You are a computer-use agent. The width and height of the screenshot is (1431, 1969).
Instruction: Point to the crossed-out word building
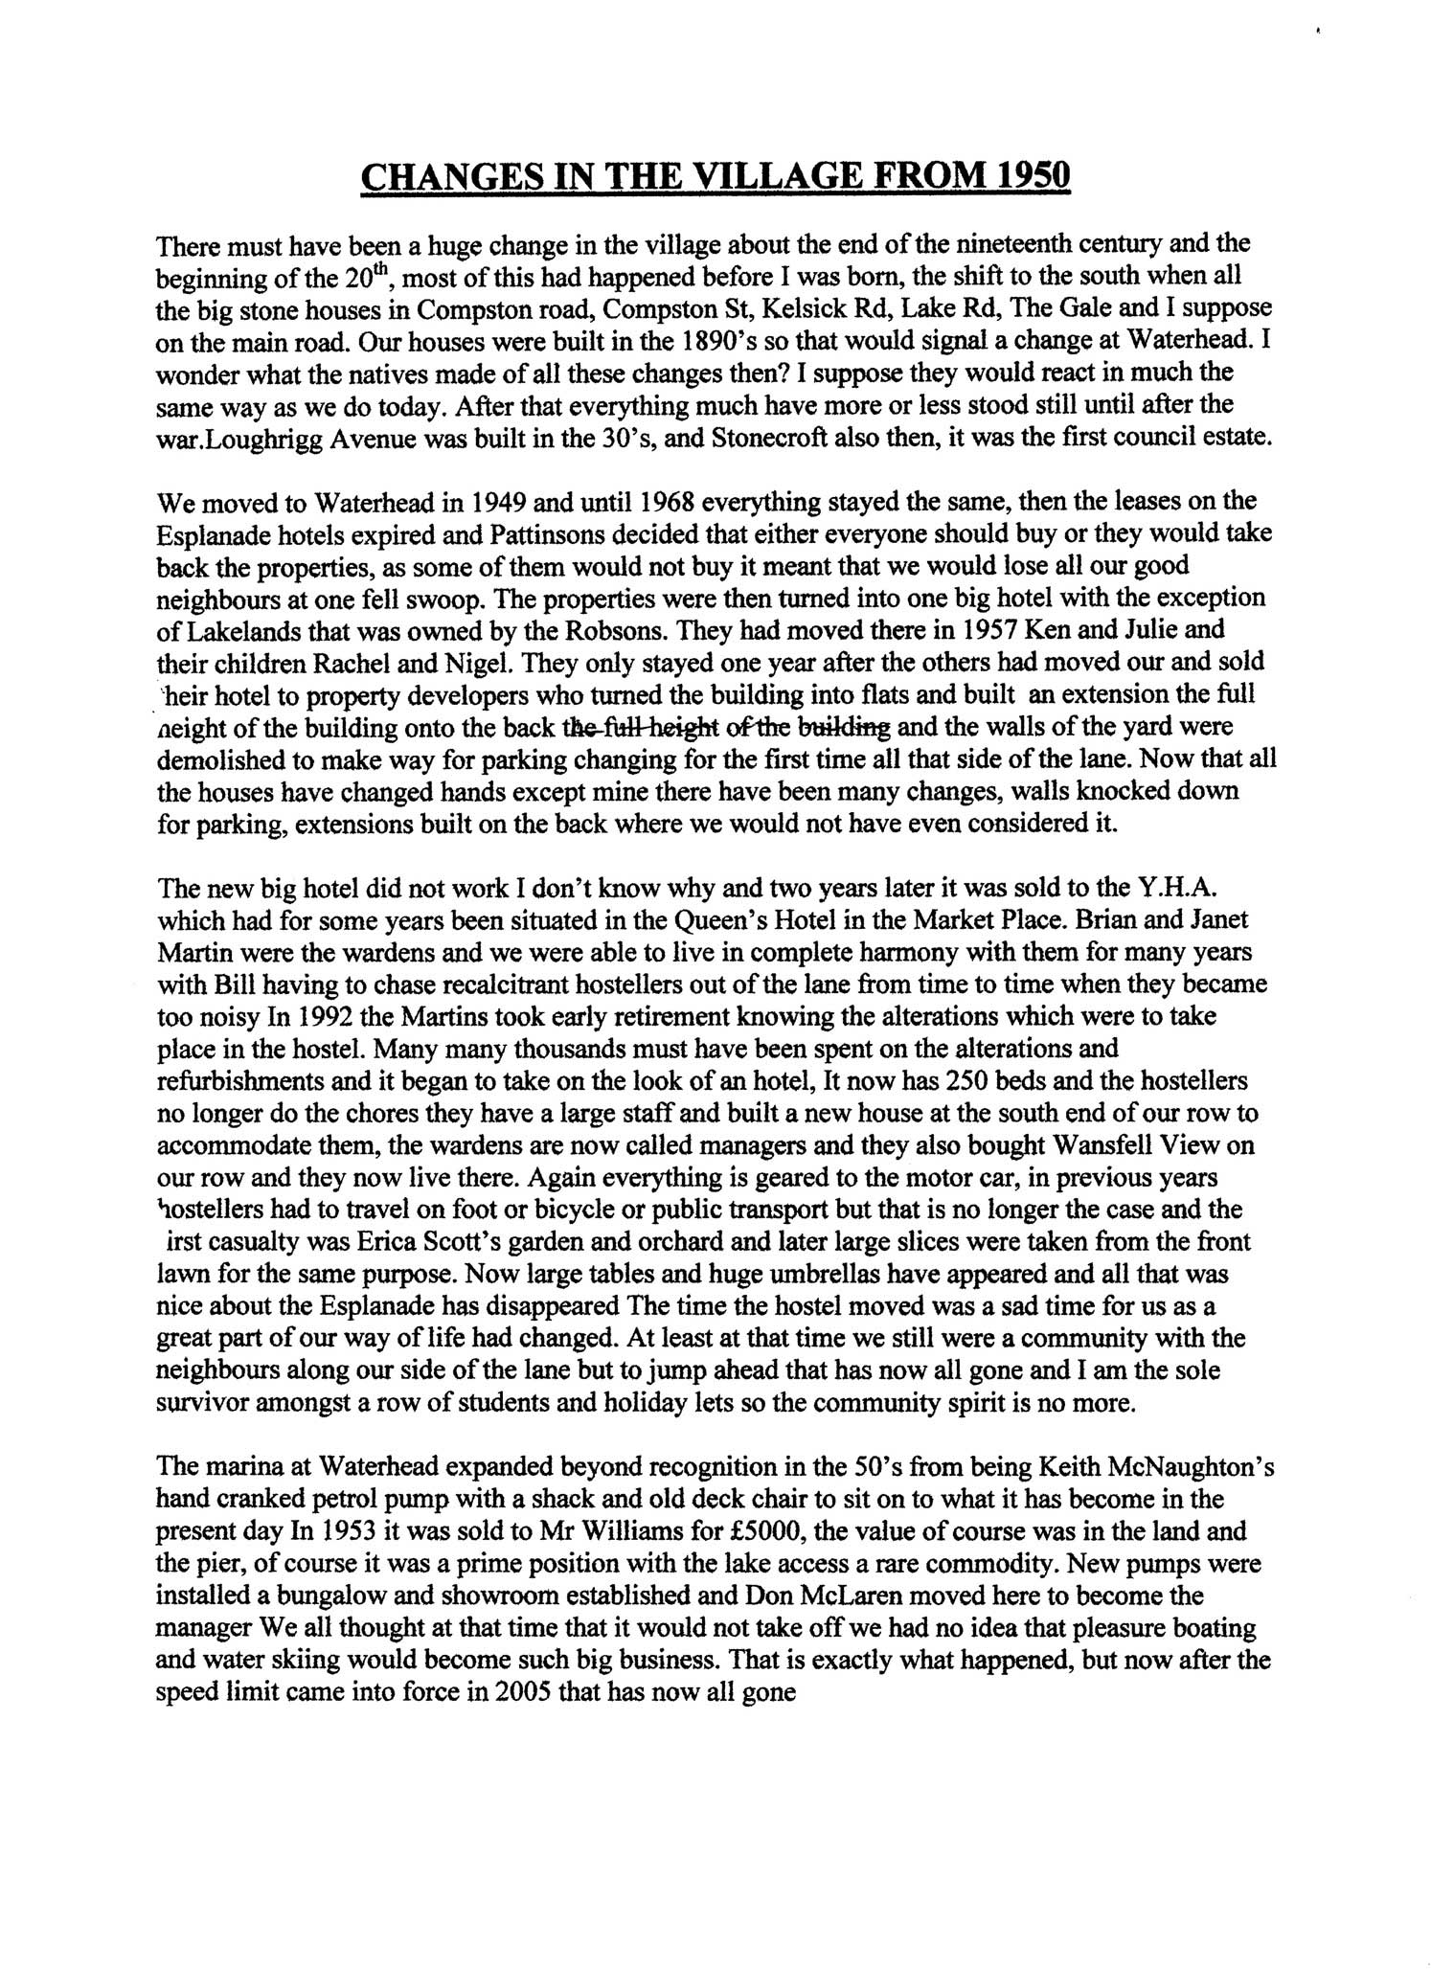tap(843, 727)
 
